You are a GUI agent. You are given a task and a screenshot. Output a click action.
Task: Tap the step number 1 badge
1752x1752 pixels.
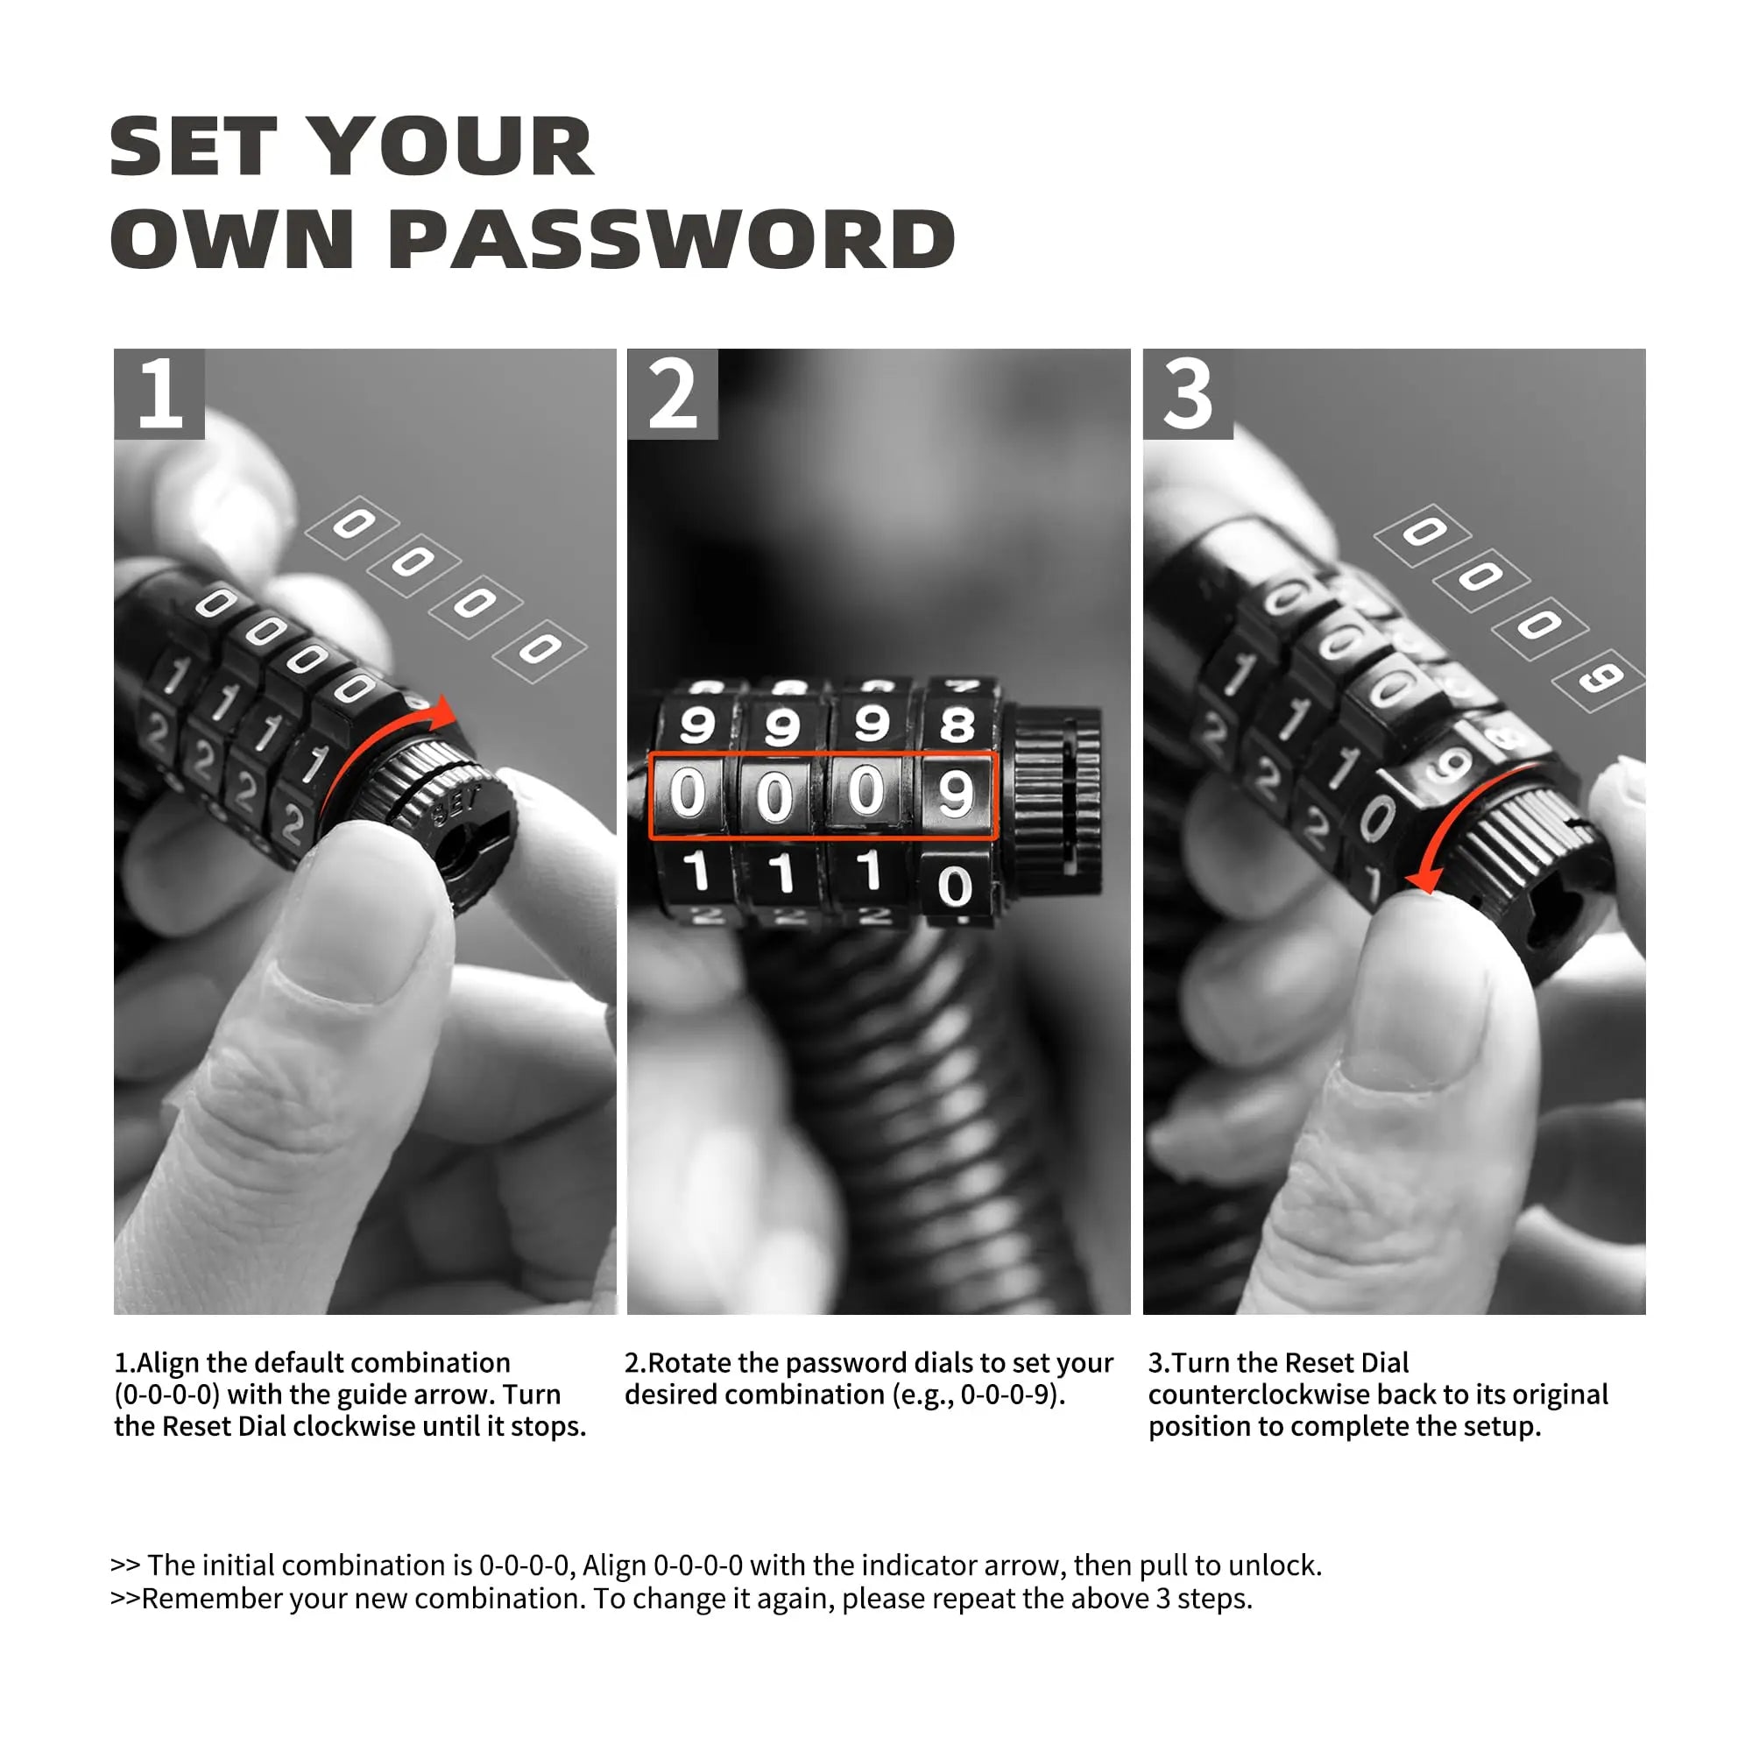(x=159, y=393)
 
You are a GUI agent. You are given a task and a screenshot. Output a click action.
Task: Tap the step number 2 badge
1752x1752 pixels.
(x=672, y=393)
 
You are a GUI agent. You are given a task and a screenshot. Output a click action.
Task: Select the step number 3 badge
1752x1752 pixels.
(x=1188, y=393)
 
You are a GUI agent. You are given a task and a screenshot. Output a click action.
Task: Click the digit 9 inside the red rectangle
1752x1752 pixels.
(x=955, y=794)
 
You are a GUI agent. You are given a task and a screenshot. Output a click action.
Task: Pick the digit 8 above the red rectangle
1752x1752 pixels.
(x=957, y=724)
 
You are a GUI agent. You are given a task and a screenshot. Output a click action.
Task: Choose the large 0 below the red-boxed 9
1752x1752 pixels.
(x=955, y=886)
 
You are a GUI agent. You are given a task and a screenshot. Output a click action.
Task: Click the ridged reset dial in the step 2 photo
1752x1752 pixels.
(x=1056, y=791)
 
